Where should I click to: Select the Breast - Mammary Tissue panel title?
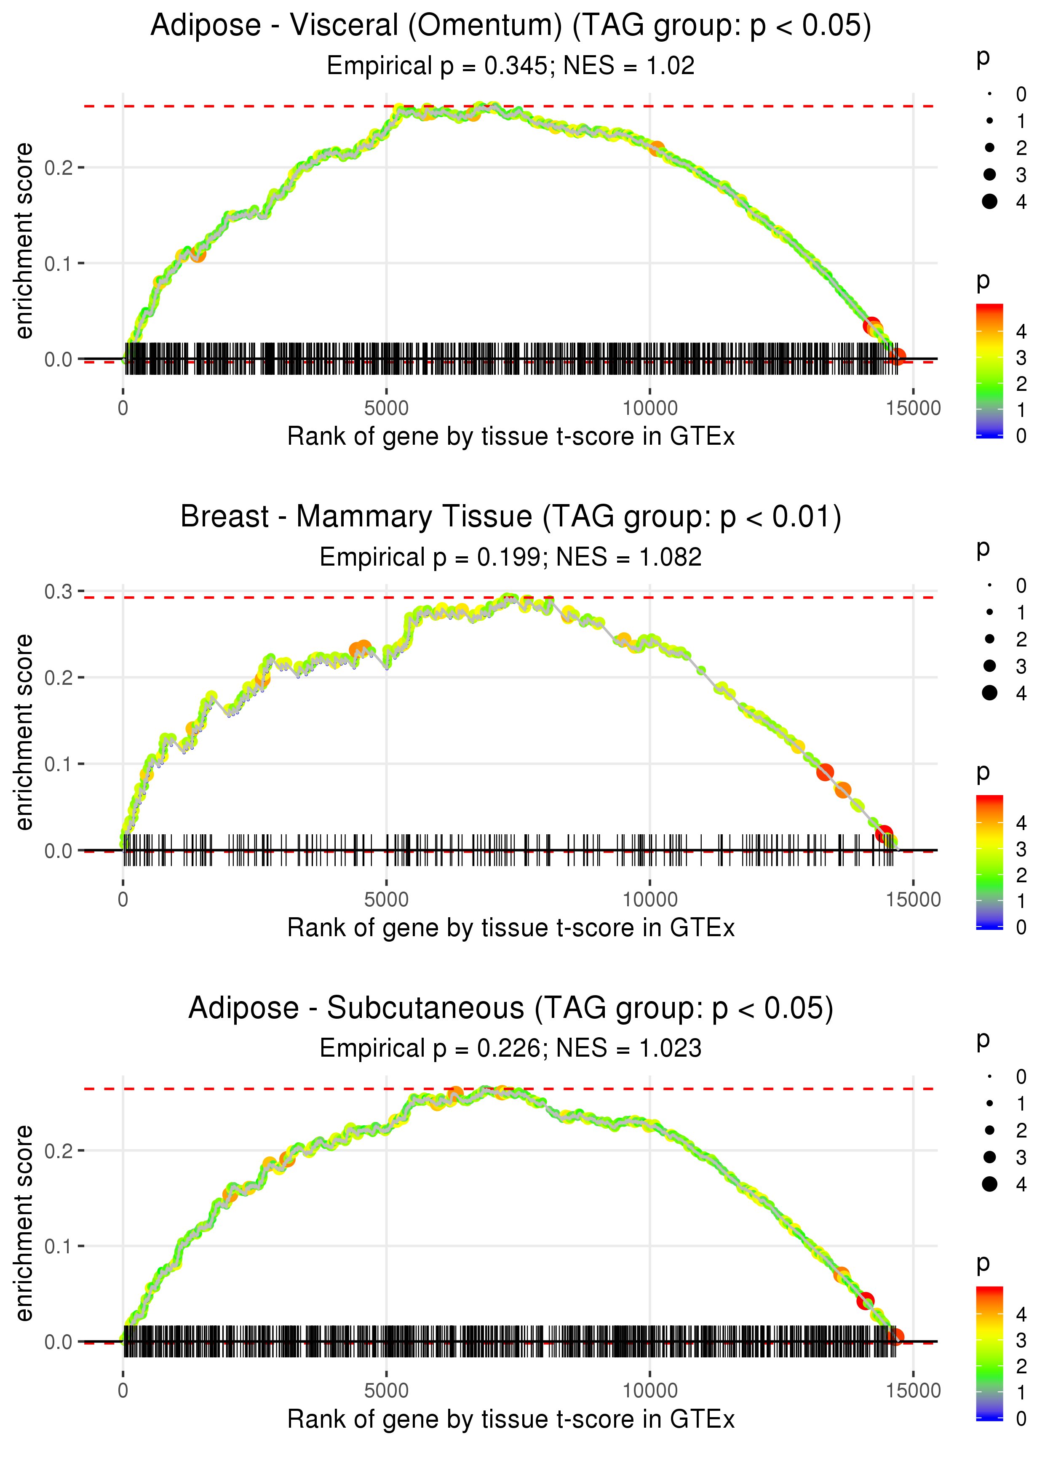[511, 517]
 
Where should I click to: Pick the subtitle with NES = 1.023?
[628, 1048]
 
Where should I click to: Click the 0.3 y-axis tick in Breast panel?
[59, 591]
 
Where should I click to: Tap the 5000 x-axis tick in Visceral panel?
[386, 409]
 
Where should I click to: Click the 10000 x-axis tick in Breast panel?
[649, 899]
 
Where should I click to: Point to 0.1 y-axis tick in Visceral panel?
[59, 264]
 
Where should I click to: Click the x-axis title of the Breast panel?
[511, 928]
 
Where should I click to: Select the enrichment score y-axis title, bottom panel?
[24, 1223]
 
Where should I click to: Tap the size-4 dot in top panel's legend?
[989, 202]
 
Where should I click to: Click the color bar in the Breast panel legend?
[989, 862]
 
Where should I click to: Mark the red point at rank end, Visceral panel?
[898, 356]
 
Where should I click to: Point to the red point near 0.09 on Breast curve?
[825, 772]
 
